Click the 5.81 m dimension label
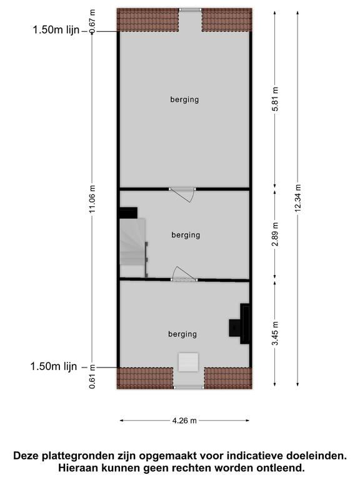click(276, 99)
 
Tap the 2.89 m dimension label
click(276, 234)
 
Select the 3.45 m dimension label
click(276, 333)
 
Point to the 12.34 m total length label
click(298, 197)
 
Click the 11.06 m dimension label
click(92, 199)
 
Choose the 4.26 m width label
click(184, 421)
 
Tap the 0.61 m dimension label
click(92, 377)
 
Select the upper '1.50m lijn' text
click(56, 30)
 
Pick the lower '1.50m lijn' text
click(54, 366)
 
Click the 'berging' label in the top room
click(184, 99)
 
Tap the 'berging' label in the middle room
click(186, 235)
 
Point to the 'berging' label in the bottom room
click(182, 334)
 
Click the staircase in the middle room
click(133, 242)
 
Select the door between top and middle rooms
click(183, 194)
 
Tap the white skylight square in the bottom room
click(189, 362)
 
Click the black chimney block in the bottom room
click(241, 324)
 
